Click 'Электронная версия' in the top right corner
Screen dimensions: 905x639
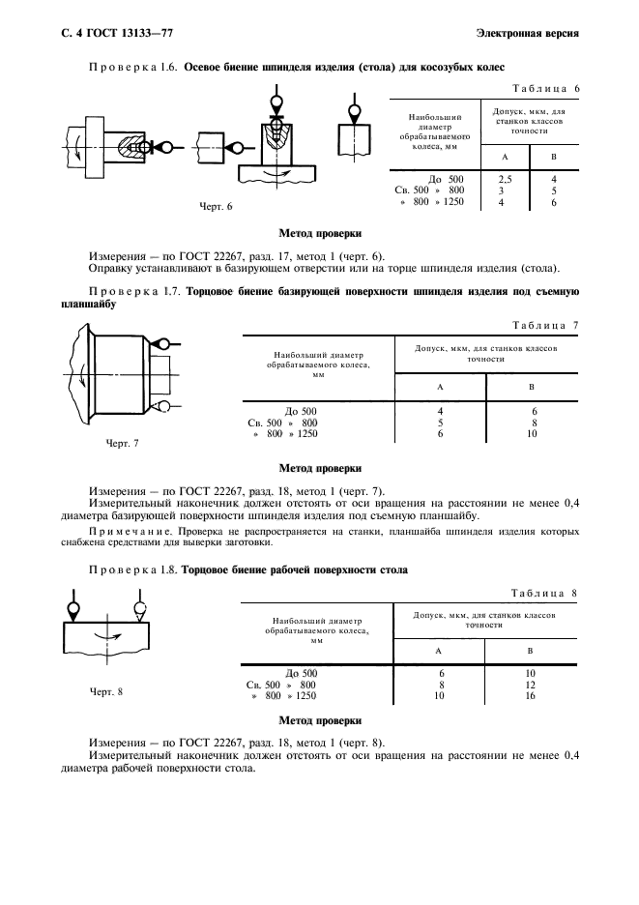pos(528,35)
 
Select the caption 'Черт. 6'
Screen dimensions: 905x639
pos(217,206)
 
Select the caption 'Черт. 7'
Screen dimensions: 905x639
pos(122,443)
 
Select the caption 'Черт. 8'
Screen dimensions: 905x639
pos(107,691)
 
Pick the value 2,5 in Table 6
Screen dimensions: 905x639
pos(505,179)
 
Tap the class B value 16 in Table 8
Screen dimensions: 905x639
pos(530,694)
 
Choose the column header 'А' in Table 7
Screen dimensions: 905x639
pos(440,387)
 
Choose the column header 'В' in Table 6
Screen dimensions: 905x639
pos(553,157)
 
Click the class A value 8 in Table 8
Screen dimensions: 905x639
pos(441,684)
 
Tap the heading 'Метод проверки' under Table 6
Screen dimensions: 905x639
pos(320,234)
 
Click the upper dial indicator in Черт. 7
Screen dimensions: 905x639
pos(162,343)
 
